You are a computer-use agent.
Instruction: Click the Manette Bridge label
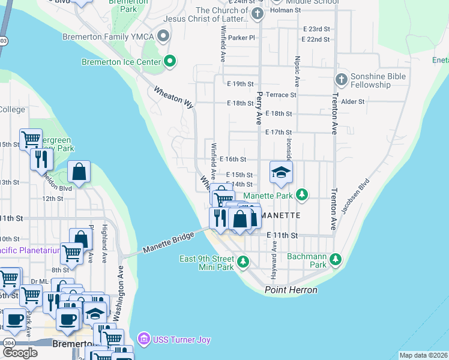[168, 243]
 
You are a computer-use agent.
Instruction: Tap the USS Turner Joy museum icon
[143, 340]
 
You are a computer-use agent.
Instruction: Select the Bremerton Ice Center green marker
[170, 61]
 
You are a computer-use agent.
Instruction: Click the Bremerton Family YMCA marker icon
[162, 37]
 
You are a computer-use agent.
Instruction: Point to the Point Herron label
[291, 290]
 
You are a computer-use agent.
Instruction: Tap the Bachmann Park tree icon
[336, 260]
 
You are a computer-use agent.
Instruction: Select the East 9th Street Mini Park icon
[243, 261]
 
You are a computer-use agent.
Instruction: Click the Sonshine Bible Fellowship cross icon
[341, 79]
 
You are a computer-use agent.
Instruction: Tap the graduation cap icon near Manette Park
[280, 173]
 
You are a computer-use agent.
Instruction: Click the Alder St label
[352, 102]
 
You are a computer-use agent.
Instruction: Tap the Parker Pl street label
[241, 37]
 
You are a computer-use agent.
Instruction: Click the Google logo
[19, 353]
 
